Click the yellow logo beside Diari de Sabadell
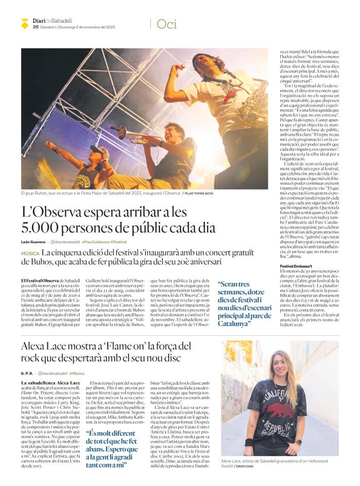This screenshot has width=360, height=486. tap(25, 23)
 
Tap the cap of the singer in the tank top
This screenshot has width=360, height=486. tap(98, 149)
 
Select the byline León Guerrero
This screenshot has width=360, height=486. tap(33, 242)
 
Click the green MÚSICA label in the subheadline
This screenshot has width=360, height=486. tap(30, 254)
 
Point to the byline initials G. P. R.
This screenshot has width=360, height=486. tap(27, 373)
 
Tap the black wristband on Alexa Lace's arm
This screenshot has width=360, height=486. tap(250, 442)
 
